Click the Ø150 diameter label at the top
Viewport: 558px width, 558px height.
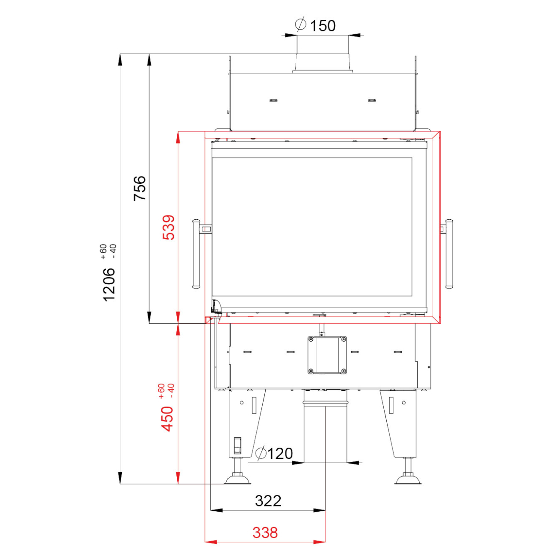pyautogui.click(x=315, y=25)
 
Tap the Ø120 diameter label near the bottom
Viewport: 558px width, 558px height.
pyautogui.click(x=275, y=453)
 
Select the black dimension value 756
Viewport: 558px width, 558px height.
pyautogui.click(x=140, y=188)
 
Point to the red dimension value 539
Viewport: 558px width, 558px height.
pyautogui.click(x=169, y=227)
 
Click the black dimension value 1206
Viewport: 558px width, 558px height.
pyautogui.click(x=109, y=285)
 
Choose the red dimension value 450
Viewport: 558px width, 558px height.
pyautogui.click(x=167, y=419)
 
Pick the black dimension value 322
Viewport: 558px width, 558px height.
pyautogui.click(x=268, y=500)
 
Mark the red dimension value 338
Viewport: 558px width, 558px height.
pyautogui.click(x=265, y=533)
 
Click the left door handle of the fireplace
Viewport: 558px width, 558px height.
pyautogui.click(x=196, y=254)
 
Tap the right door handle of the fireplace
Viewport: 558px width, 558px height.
pyautogui.click(x=449, y=254)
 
